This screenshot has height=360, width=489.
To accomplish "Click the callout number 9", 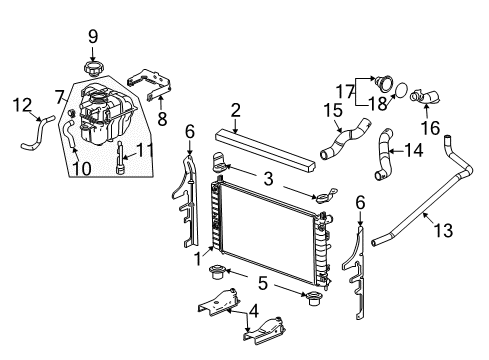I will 92,37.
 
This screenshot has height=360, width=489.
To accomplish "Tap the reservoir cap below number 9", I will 92,67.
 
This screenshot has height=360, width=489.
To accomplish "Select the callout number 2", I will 235,110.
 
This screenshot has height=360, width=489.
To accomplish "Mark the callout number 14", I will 413,152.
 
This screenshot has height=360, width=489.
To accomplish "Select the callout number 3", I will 267,178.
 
